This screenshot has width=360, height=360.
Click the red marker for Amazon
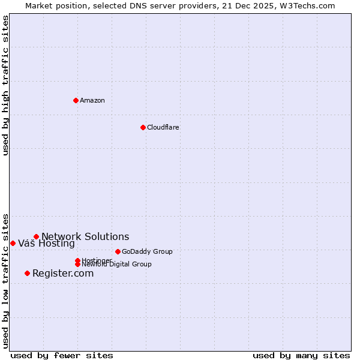76,100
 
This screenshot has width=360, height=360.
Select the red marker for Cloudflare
143,127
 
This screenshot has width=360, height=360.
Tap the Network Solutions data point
36,236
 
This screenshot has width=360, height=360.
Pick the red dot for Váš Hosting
13,243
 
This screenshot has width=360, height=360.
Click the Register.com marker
27,273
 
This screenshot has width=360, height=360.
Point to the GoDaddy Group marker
118,251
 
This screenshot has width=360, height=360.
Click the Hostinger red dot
77,260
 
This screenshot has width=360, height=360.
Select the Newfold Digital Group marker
77,264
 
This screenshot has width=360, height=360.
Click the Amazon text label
92,100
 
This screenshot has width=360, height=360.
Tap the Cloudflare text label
163,127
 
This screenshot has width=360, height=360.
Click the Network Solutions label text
85,236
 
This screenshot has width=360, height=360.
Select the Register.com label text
63,273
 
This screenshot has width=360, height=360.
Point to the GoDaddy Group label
147,251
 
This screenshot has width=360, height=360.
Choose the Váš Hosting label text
46,243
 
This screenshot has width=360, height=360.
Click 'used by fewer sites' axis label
62,355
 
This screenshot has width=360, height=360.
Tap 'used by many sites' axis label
301,355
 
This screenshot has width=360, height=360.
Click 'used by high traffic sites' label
6,86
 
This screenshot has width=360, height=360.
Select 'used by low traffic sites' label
6,281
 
